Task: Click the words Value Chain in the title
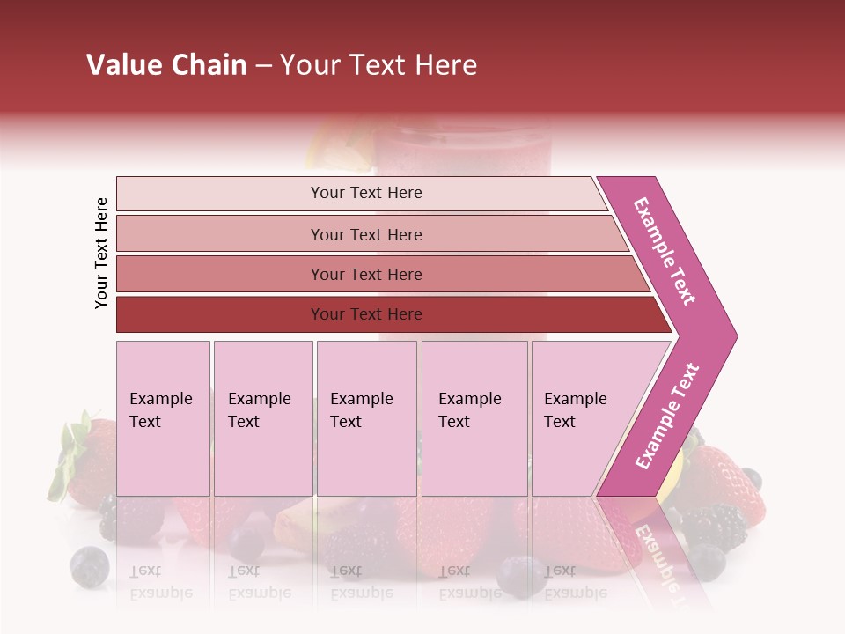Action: tap(166, 65)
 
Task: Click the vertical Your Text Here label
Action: tap(101, 254)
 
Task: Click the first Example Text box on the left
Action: tap(163, 418)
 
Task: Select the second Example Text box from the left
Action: tap(262, 418)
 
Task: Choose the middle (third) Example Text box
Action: tap(366, 418)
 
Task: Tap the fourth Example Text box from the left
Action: tap(474, 418)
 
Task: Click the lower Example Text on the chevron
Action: tap(667, 416)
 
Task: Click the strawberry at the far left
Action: tap(88, 458)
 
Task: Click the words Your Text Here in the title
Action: tap(378, 65)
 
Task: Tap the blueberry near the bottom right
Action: tap(705, 561)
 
